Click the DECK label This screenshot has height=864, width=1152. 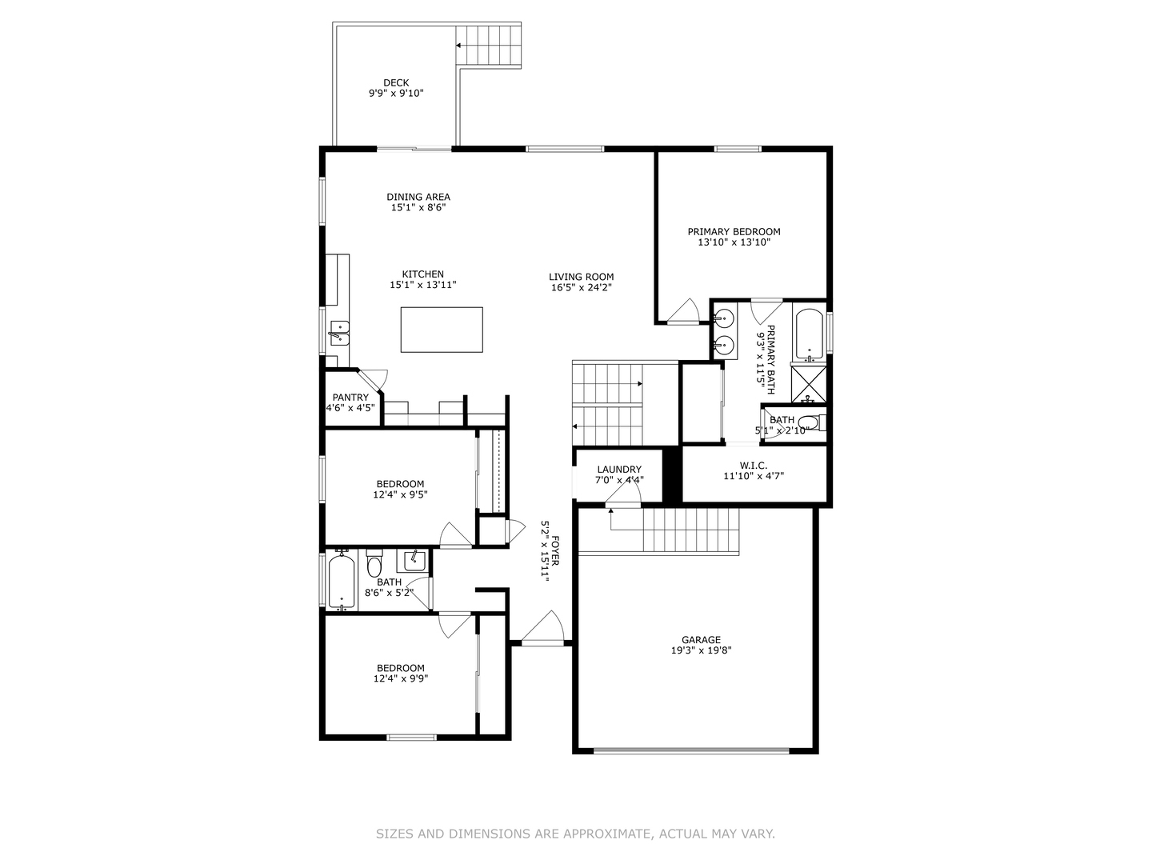[x=396, y=83]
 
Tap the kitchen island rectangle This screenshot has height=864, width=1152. [x=442, y=330]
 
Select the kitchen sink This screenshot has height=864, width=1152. [x=338, y=334]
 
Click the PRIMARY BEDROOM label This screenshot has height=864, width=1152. [x=734, y=231]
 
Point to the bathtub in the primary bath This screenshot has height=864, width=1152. [x=808, y=334]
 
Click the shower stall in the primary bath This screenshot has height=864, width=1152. [x=808, y=385]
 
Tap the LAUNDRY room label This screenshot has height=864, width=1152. [x=619, y=470]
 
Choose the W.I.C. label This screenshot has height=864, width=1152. [x=754, y=466]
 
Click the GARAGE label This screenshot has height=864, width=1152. [x=701, y=639]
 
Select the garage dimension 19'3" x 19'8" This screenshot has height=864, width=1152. [x=701, y=650]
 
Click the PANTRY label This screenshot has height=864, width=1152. [x=350, y=398]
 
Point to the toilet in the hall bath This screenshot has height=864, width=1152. [x=374, y=564]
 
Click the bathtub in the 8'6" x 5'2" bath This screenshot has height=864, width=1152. [x=342, y=582]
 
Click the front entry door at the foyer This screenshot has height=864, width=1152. [x=542, y=627]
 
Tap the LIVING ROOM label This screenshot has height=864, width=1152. [x=581, y=277]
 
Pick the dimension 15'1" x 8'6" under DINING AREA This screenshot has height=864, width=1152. [x=418, y=208]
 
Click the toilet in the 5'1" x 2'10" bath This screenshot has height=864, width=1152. [x=813, y=423]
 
